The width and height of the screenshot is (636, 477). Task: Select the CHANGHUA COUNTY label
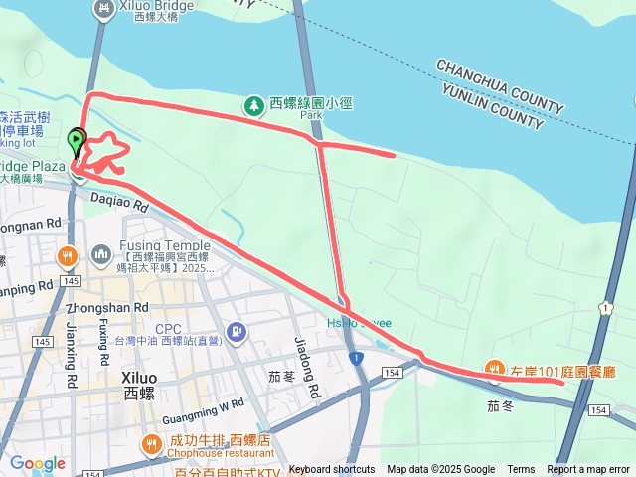click(500, 86)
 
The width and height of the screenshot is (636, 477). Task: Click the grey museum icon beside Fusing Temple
click(100, 256)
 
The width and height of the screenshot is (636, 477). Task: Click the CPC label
click(168, 328)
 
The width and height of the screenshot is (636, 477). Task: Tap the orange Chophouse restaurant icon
click(151, 443)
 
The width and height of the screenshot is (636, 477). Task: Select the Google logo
click(37, 463)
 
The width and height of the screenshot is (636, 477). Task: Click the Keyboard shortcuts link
click(332, 470)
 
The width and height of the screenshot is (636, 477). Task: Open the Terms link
click(521, 470)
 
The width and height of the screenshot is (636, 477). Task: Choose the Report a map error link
click(588, 470)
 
